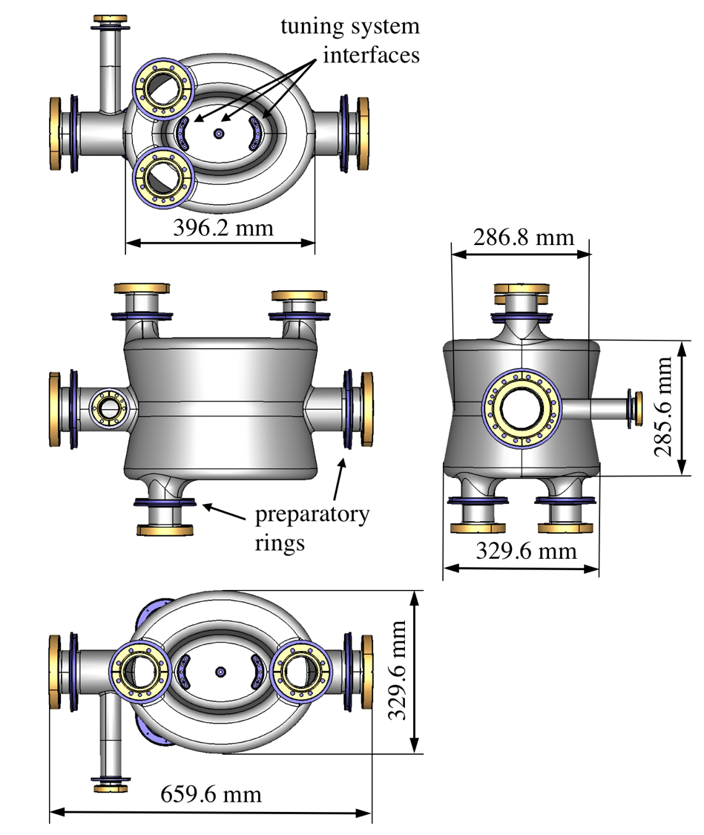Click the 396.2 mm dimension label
(223, 227)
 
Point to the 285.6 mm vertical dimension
(665, 407)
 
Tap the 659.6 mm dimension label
(211, 794)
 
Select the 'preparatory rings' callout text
(311, 528)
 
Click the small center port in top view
(218, 134)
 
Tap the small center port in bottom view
(220, 671)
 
